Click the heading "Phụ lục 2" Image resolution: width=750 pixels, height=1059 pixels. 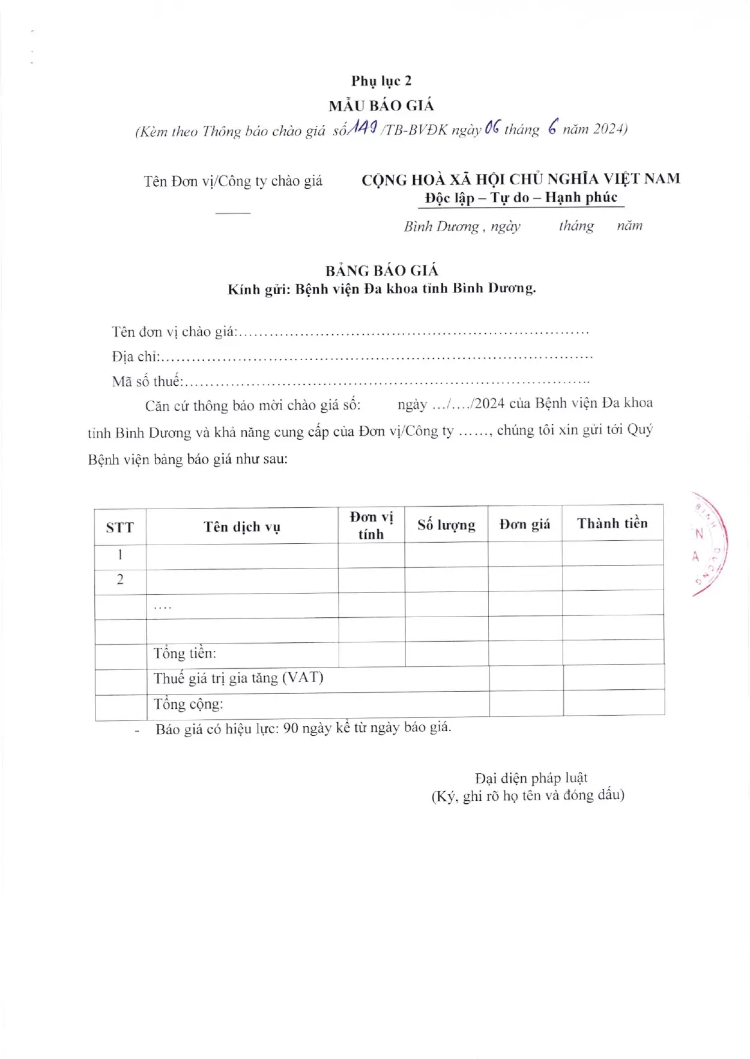click(x=381, y=81)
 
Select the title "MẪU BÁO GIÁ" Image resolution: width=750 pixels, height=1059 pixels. click(x=381, y=106)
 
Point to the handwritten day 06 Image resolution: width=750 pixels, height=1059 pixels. click(x=492, y=127)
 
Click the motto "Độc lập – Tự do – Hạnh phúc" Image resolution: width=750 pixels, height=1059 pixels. click(x=521, y=198)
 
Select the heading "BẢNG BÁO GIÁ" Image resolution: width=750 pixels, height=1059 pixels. click(x=382, y=271)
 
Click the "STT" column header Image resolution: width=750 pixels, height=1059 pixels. click(x=119, y=528)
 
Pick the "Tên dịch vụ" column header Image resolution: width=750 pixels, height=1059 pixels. click(x=241, y=527)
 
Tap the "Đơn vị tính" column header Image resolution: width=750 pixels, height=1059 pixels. click(x=371, y=525)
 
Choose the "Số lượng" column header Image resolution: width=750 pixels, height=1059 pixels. click(x=446, y=525)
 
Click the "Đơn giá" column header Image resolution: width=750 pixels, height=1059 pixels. click(x=525, y=524)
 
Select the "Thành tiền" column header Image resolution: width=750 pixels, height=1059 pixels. click(x=612, y=523)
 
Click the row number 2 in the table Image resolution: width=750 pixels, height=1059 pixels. click(x=120, y=579)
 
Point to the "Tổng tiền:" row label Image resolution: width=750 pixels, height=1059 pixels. click(x=184, y=653)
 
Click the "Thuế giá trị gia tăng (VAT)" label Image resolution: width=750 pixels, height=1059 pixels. click(x=238, y=678)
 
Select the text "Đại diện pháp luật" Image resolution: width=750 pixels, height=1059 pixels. click(x=531, y=778)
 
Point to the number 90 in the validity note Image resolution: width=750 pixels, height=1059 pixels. click(x=291, y=728)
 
